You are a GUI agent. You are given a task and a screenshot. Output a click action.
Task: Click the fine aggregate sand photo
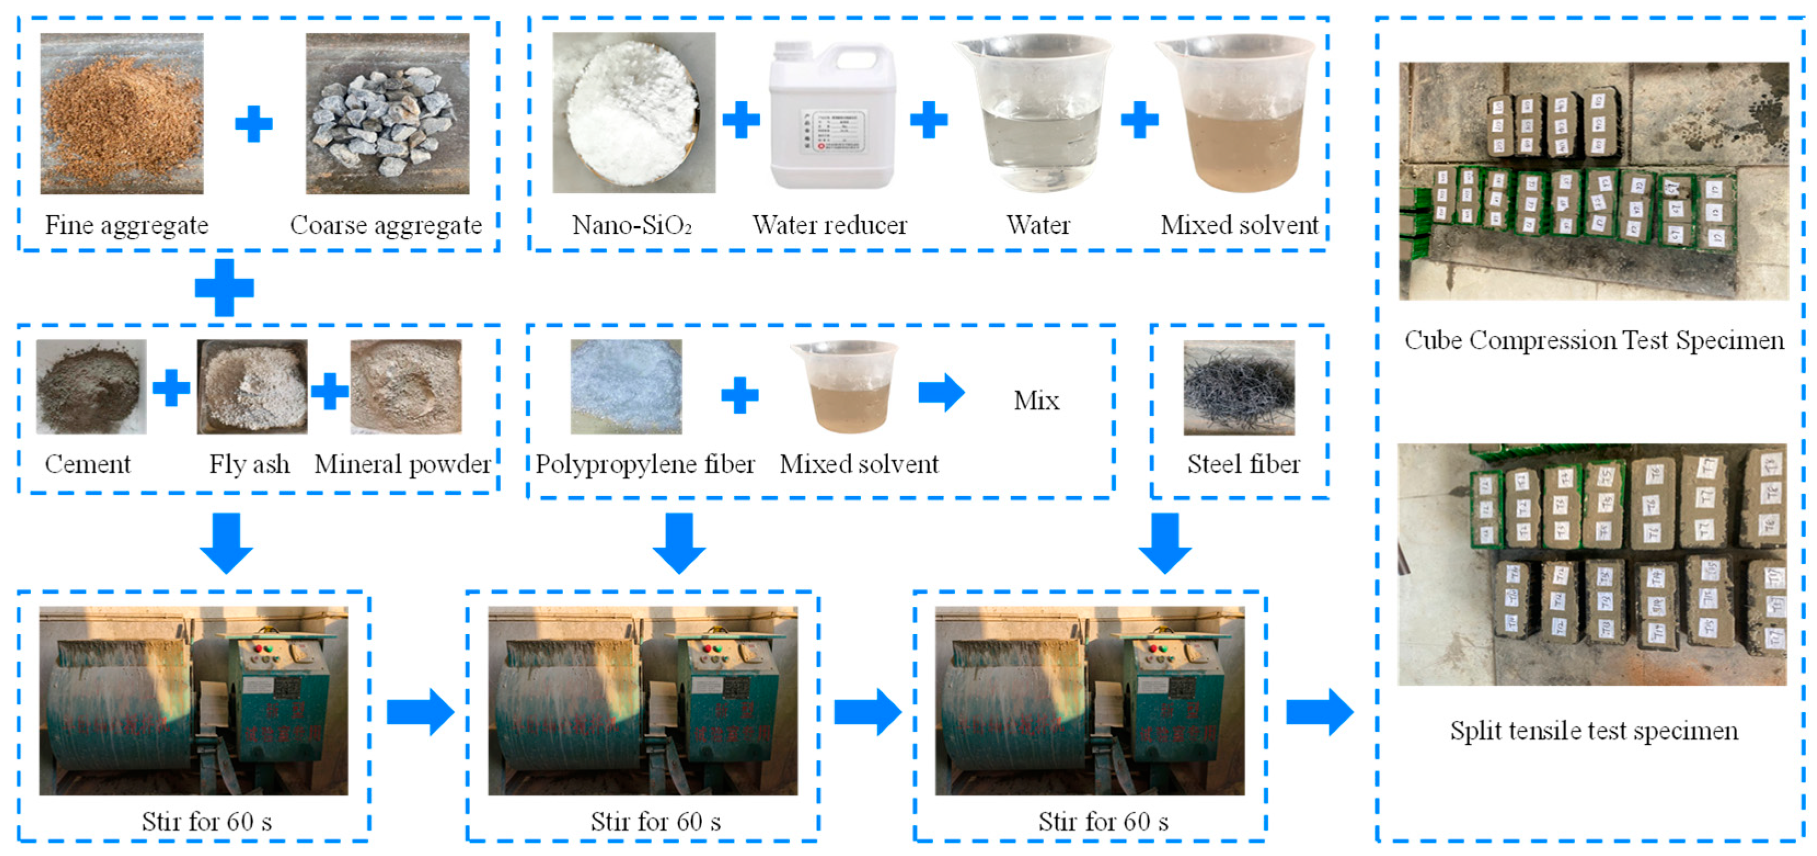121,113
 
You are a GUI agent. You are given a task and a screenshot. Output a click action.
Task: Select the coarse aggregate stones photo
387,113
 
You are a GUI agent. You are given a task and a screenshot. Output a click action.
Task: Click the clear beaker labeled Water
1034,113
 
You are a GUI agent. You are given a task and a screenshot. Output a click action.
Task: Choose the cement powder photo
91,386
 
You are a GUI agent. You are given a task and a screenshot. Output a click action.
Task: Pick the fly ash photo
252,386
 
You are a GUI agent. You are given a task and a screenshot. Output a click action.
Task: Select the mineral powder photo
406,386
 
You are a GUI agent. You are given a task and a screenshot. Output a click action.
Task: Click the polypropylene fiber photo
626,386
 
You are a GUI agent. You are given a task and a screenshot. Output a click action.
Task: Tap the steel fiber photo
1239,387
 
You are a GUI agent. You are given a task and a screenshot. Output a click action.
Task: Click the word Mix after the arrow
1036,401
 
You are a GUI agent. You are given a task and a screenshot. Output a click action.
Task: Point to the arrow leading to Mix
941,392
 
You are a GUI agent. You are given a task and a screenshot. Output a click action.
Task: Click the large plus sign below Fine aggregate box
224,287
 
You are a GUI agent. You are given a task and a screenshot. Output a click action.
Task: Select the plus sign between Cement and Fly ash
171,387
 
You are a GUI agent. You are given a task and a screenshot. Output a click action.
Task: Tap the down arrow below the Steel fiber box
1165,542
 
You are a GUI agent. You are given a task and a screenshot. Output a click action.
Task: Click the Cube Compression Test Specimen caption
1593,340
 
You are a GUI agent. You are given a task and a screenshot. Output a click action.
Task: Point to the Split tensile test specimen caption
1593,731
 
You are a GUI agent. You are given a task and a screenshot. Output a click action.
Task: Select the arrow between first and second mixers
420,712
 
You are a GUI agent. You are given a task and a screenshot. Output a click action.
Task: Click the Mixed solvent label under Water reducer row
1239,225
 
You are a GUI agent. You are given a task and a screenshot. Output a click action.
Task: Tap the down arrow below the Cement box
225,542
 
